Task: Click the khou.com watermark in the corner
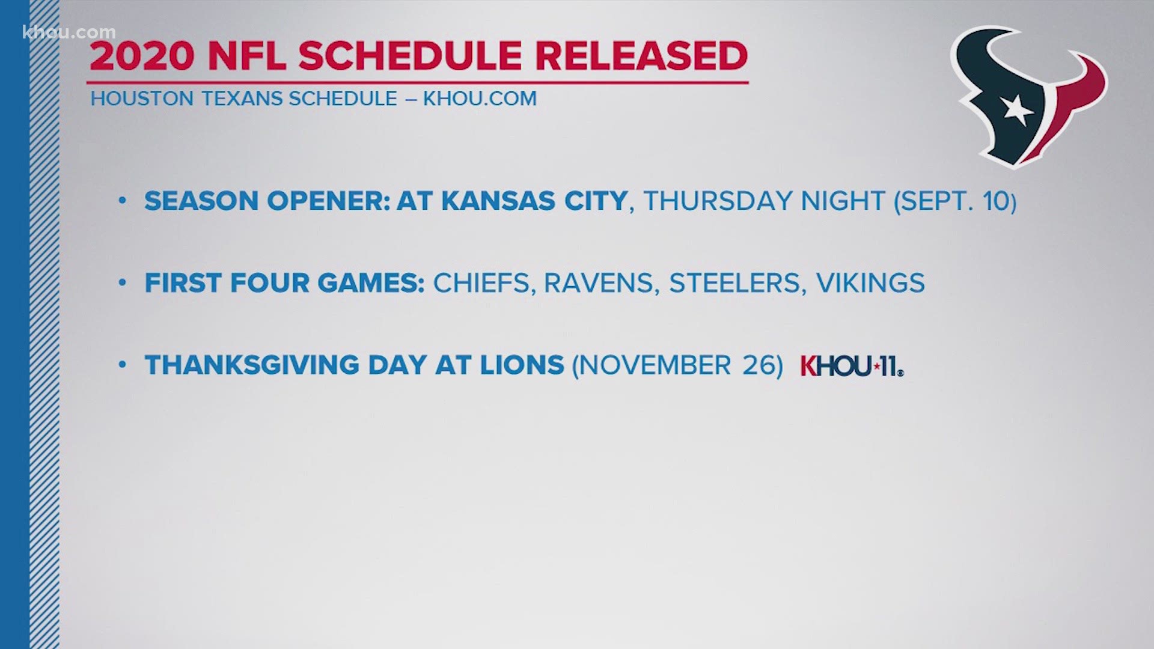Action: click(69, 32)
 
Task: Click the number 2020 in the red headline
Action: click(142, 56)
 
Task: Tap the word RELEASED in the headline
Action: click(641, 56)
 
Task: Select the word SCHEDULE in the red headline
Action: click(410, 56)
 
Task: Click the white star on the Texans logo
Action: click(1017, 111)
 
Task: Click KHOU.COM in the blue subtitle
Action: click(480, 99)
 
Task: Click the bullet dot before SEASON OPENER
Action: click(123, 200)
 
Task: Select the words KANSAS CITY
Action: click(534, 201)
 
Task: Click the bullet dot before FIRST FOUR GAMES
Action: click(123, 282)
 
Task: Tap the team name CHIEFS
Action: click(481, 283)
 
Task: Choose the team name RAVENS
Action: click(599, 283)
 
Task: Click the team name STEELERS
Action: click(734, 283)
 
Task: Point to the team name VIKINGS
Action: click(870, 283)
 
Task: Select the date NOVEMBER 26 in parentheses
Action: click(677, 365)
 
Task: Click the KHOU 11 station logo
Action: click(852, 366)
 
